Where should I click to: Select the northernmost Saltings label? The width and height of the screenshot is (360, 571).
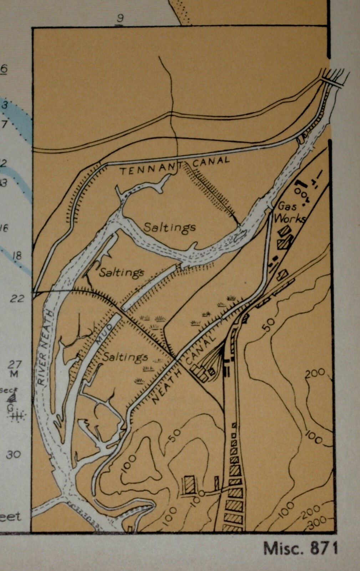(x=169, y=227)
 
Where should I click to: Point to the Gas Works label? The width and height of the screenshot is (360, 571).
(x=291, y=212)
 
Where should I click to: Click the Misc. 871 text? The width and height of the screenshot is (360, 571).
(x=300, y=548)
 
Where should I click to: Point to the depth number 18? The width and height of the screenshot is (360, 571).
(x=16, y=256)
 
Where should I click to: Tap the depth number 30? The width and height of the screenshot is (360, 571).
(x=13, y=454)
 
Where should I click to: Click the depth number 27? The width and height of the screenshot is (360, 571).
(x=15, y=364)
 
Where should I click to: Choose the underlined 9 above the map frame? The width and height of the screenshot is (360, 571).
(x=120, y=18)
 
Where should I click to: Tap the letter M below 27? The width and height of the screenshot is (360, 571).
(x=14, y=374)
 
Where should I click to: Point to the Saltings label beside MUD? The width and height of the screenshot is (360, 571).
(x=125, y=357)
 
